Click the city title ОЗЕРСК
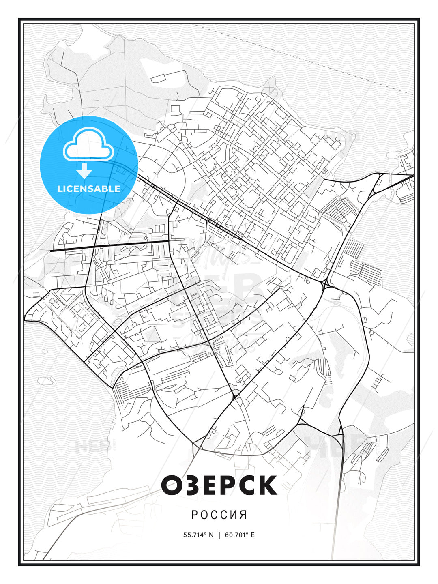[219, 485]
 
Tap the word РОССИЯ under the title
[219, 515]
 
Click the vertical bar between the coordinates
[219, 535]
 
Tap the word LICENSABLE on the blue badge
[89, 189]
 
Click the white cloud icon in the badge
[88, 144]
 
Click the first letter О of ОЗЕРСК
[173, 485]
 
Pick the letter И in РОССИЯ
[234, 515]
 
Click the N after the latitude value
[211, 535]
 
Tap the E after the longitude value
[253, 535]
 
